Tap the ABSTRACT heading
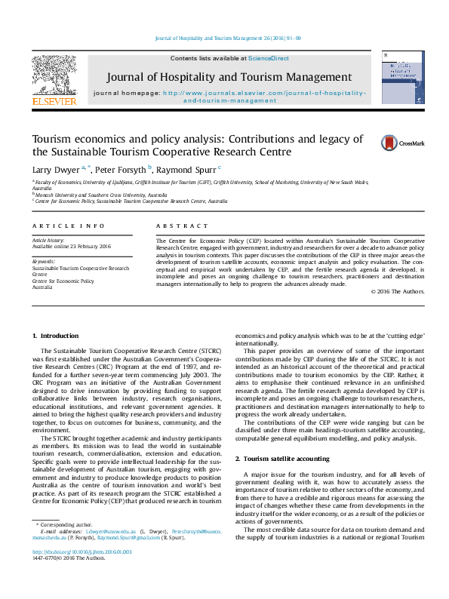(x=181, y=226)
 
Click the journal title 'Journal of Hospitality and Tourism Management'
(x=228, y=77)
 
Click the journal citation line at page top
(x=228, y=37)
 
